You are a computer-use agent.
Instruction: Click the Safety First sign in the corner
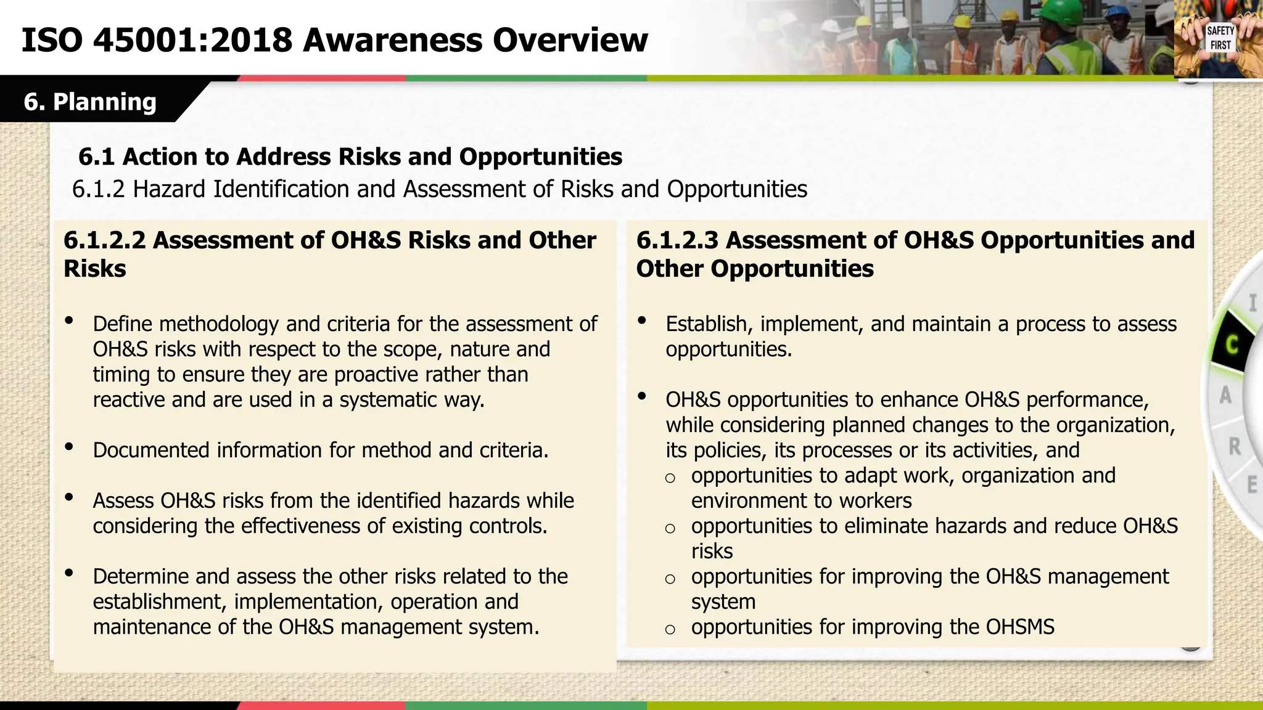(1220, 38)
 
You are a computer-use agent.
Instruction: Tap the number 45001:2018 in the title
(192, 41)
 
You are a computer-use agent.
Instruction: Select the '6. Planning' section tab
(90, 102)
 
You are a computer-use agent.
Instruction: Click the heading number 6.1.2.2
(105, 240)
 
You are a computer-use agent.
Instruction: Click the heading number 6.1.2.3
(677, 240)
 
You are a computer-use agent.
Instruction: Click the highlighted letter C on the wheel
(1232, 345)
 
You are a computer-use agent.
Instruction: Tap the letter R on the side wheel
(1235, 446)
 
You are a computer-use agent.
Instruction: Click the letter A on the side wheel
(1225, 395)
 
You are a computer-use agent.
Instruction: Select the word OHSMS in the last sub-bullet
(1020, 627)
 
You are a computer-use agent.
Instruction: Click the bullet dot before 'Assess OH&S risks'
(69, 497)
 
